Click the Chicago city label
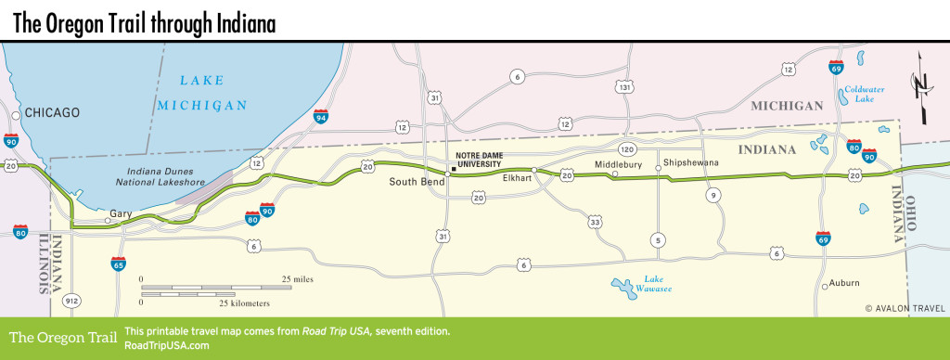click(x=53, y=112)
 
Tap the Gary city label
click(x=121, y=213)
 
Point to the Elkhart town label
click(x=515, y=177)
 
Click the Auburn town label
click(x=844, y=282)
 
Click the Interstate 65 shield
click(x=118, y=264)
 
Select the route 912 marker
click(x=71, y=301)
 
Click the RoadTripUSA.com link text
click(x=166, y=345)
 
